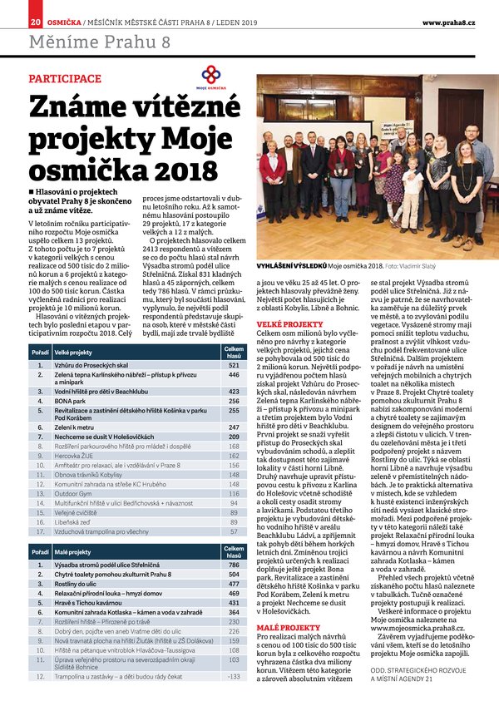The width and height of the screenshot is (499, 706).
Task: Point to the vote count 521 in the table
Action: pos(234,366)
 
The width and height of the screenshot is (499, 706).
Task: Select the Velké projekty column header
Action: pos(72,353)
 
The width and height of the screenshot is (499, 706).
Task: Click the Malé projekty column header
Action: pos(72,552)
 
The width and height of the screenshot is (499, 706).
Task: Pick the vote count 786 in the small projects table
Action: pos(234,565)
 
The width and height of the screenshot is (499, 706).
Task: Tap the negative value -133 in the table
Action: pos(234,676)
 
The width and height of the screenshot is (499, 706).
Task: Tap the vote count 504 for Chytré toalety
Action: pos(234,575)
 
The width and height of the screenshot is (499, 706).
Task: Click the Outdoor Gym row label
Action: pos(75,494)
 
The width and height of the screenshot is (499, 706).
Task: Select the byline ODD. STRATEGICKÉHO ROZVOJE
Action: pos(417,672)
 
